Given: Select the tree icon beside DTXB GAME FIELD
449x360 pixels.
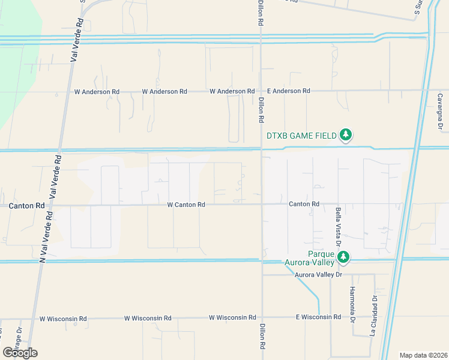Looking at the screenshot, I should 345,135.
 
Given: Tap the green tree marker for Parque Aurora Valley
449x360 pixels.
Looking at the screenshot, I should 343,258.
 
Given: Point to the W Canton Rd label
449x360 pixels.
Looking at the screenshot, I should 186,205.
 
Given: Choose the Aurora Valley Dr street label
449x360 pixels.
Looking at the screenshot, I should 318,275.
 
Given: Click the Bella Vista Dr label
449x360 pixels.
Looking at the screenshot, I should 338,225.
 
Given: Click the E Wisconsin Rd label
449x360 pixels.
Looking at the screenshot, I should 318,317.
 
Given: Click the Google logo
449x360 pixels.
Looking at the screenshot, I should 20,352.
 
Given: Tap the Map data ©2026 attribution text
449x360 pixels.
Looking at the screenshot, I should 423,355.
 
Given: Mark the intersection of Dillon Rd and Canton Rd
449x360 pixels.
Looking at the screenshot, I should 262,204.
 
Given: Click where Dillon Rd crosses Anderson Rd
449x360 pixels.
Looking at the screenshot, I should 261,91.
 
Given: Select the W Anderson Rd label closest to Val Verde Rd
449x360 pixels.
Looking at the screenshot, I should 96,92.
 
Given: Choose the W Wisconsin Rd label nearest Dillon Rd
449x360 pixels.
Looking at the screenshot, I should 232,317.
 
